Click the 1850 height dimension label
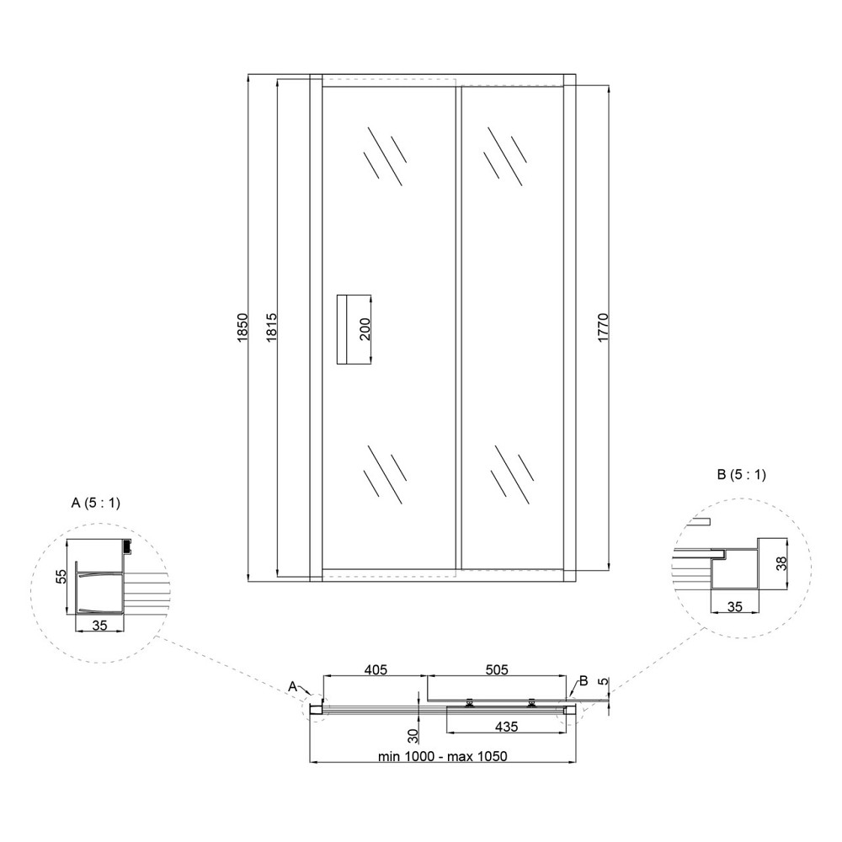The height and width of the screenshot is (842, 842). (242, 328)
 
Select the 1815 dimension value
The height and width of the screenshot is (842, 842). (271, 328)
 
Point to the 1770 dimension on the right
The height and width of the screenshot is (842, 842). (603, 328)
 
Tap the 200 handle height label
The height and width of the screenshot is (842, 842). (365, 329)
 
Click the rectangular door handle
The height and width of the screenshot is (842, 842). (354, 329)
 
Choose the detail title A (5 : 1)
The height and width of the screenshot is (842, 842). (96, 504)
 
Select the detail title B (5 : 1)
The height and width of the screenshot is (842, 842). (742, 474)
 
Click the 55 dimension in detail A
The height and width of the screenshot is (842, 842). (61, 576)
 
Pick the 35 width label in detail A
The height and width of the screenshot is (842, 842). (100, 625)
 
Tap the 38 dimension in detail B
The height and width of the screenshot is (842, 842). (782, 563)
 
